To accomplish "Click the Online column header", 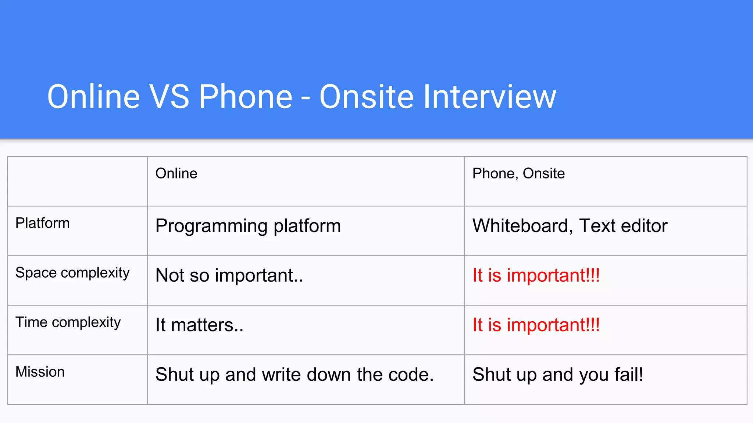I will (x=176, y=173).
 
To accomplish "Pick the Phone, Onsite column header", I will (x=518, y=173).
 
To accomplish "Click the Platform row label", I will (x=42, y=223).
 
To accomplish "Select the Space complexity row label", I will (x=72, y=273).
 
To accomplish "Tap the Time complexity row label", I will (x=68, y=322).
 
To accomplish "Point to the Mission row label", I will (x=40, y=372).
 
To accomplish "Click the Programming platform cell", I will (x=248, y=226).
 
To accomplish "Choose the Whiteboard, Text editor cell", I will (x=570, y=226).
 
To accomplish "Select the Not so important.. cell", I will (x=229, y=275).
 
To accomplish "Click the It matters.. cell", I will (x=199, y=325).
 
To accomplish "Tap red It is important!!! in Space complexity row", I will (x=536, y=275).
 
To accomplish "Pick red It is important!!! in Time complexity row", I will (x=536, y=325).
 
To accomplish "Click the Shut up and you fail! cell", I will (x=557, y=375).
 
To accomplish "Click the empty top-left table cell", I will (x=78, y=181).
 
